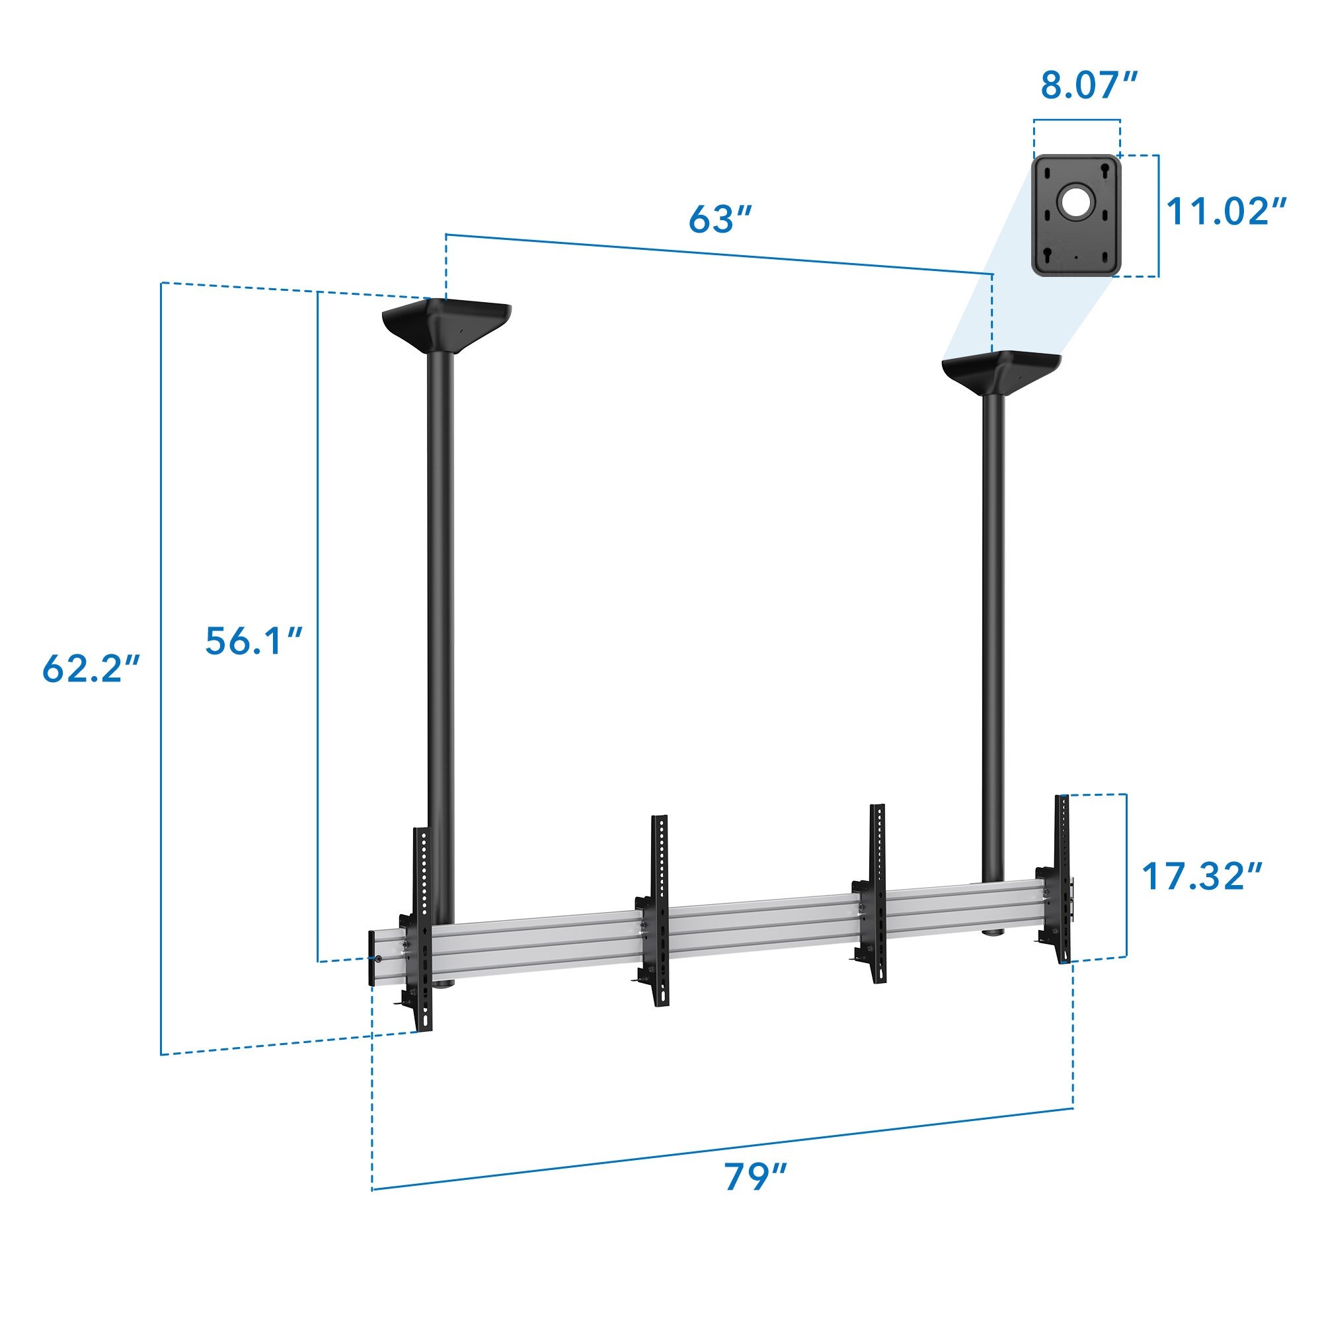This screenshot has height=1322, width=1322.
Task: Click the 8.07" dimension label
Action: click(1089, 85)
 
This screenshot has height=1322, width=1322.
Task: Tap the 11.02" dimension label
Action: click(1225, 212)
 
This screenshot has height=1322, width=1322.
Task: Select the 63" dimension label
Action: click(720, 219)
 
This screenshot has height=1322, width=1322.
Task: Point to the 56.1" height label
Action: click(254, 641)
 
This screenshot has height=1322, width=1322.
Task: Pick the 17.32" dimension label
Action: click(1202, 876)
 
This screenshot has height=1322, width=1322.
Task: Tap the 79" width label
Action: click(756, 1177)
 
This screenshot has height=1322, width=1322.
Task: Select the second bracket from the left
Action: click(659, 910)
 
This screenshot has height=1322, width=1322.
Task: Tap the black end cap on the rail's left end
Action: click(372, 958)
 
